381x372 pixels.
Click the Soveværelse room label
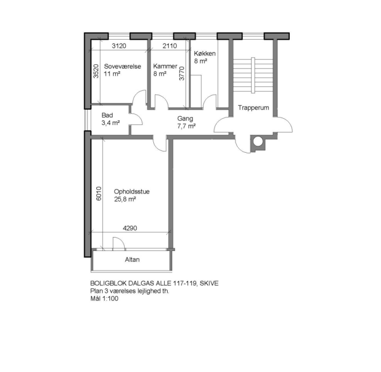[123, 66]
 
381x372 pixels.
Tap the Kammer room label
[165, 66]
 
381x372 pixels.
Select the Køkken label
[204, 54]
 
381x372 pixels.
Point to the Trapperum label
[254, 108]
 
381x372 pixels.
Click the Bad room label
[107, 115]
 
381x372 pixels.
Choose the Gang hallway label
[185, 119]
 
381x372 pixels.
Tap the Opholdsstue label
[131, 192]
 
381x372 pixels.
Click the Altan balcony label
[132, 259]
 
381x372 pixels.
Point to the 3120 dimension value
[119, 46]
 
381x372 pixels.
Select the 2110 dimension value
[170, 46]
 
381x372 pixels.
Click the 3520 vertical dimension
[96, 71]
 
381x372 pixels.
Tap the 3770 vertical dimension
[182, 73]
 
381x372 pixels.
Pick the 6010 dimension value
[99, 193]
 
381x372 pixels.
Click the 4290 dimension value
[130, 228]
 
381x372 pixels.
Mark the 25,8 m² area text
[125, 199]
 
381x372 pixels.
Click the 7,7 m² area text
[187, 126]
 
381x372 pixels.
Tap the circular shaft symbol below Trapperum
[258, 141]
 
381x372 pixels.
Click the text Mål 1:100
[104, 299]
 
